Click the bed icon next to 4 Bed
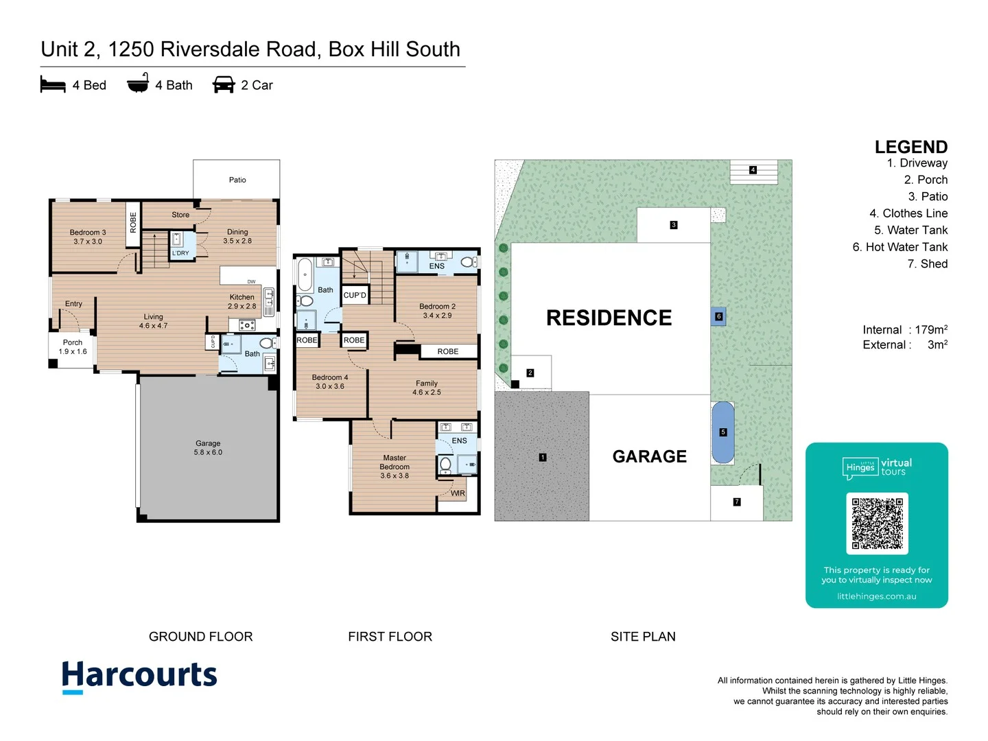(x=53, y=85)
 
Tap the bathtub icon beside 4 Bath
(x=138, y=83)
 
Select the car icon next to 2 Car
(x=224, y=85)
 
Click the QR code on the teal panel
(x=877, y=523)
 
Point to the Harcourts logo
(x=139, y=676)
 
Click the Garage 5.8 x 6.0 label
(x=208, y=448)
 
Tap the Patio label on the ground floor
(x=237, y=180)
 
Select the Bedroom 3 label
(x=88, y=237)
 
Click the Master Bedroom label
(x=395, y=467)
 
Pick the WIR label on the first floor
(x=458, y=493)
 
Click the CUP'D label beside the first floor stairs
(x=355, y=295)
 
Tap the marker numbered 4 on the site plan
(x=753, y=170)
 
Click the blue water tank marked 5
(x=723, y=432)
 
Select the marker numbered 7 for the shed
(x=737, y=502)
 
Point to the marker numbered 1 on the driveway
(x=543, y=457)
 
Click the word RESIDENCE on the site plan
(x=609, y=318)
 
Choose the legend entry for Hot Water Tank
(x=899, y=247)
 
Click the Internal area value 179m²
(x=931, y=330)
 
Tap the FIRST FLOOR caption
(x=390, y=637)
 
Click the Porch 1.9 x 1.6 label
(x=73, y=347)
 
